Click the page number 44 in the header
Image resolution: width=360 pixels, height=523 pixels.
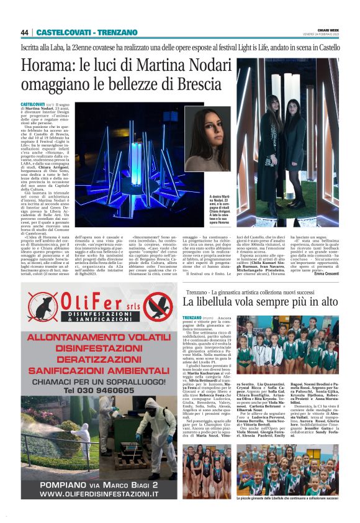25,32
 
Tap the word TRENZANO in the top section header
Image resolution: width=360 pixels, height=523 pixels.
117,32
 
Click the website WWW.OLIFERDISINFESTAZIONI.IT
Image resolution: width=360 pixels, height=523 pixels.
100,493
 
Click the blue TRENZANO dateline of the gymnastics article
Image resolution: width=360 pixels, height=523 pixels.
192,318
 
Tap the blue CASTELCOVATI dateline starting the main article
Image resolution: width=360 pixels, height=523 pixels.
33,104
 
